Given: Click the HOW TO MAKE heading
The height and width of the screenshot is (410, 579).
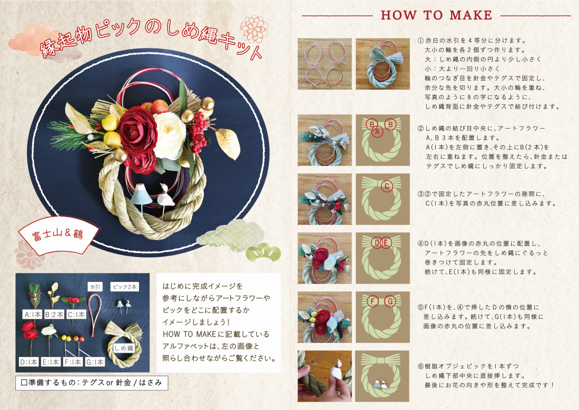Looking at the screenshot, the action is point(436,15).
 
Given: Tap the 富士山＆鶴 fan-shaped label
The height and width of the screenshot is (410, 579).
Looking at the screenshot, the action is point(58,235).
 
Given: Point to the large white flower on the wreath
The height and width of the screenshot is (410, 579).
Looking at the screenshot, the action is point(168,135).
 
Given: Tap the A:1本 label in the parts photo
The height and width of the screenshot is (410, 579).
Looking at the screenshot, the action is point(32,315).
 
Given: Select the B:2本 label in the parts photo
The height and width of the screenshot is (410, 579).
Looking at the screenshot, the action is point(54,315).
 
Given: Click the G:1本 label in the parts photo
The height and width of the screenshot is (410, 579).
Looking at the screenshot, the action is point(95,363).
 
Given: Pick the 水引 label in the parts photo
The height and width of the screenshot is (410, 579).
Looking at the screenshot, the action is point(95,287).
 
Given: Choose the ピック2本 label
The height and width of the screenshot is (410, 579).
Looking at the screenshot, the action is point(125,287).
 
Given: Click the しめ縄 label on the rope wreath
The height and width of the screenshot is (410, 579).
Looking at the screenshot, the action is point(123,348).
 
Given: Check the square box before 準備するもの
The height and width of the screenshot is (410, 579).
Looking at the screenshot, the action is point(24,383).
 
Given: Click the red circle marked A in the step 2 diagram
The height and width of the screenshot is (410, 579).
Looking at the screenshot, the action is point(377,131).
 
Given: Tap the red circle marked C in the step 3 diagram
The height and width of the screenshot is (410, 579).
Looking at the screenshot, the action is point(387,186).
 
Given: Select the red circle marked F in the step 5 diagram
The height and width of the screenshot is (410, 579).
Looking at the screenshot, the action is point(373,301).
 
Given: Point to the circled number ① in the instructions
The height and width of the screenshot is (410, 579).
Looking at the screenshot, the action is point(421,41).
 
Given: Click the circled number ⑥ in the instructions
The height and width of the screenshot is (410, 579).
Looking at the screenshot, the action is point(421,366).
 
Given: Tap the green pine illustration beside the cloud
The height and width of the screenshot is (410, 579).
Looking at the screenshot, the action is point(263,253).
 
